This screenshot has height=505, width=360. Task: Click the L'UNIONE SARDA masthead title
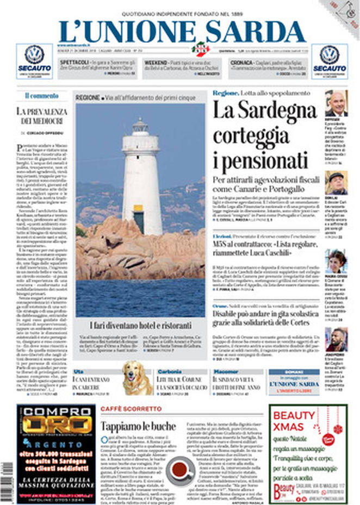(182, 31)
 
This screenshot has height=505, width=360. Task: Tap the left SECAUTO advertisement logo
(34, 61)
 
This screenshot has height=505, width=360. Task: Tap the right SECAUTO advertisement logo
(329, 61)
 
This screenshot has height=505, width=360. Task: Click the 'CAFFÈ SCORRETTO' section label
(131, 408)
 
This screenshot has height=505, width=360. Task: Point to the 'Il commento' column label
(41, 96)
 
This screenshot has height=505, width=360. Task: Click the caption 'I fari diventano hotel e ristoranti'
(140, 326)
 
